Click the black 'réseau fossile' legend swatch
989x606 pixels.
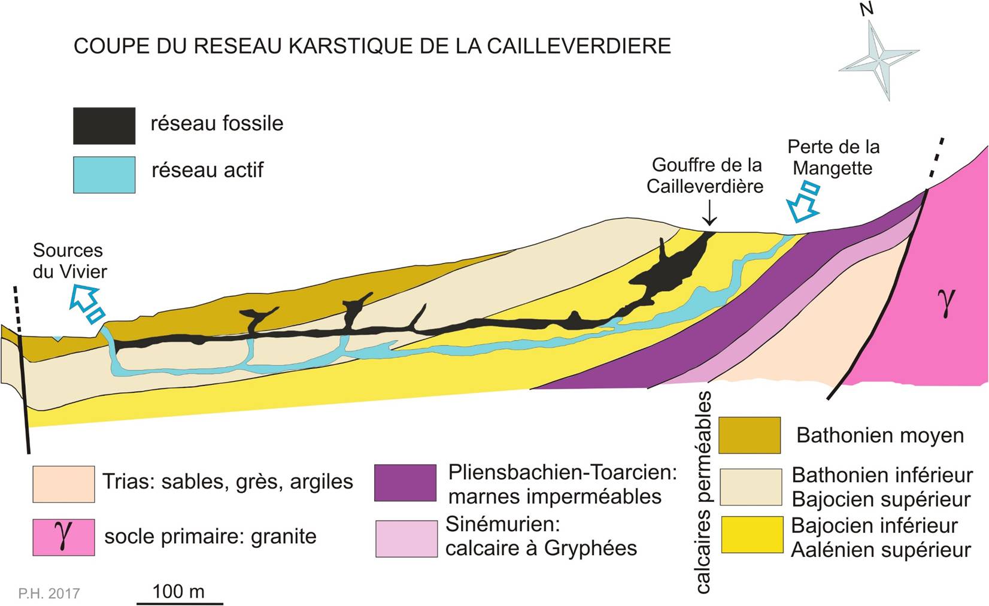[x=104, y=126]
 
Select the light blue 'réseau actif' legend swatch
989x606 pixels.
[x=104, y=175]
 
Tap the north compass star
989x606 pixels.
[x=878, y=60]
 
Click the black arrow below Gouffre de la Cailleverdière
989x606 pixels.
[x=709, y=213]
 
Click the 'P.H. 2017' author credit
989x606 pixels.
[x=49, y=593]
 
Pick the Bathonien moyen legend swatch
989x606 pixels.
[x=750, y=435]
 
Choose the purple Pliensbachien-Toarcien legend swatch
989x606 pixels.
[x=405, y=483]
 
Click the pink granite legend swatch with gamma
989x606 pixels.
[x=63, y=537]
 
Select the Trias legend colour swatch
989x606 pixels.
[x=63, y=484]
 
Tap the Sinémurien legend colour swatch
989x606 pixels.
[x=406, y=538]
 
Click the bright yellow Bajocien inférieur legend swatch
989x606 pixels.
[x=753, y=535]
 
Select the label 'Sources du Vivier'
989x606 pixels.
[x=70, y=260]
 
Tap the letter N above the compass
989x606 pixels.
[x=867, y=9]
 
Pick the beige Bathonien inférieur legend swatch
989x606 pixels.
[x=751, y=487]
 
